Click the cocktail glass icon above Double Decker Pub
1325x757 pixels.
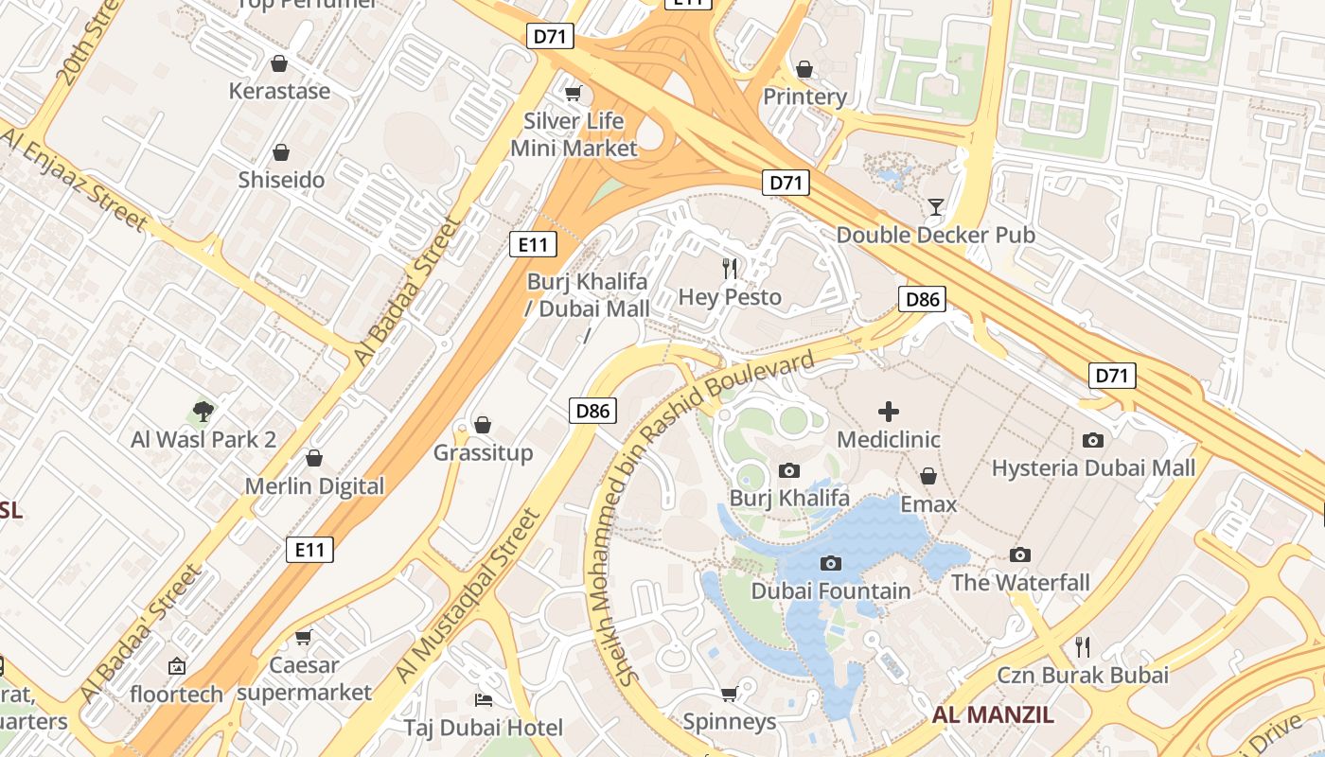click(936, 206)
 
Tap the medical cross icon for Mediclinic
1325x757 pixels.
click(889, 412)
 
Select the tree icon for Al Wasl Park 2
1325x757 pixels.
click(203, 412)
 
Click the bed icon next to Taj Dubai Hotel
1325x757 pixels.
click(484, 700)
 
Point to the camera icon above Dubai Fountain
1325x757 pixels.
click(830, 564)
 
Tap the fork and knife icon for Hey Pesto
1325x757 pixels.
click(730, 269)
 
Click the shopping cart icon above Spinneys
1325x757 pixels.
click(730, 695)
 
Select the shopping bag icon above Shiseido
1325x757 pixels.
click(281, 152)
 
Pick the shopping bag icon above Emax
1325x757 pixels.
click(928, 476)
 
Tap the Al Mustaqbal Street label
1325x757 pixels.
click(468, 598)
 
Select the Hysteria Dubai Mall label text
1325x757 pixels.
click(1093, 467)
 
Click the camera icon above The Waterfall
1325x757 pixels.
click(1020, 555)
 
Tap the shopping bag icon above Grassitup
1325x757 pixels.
click(483, 425)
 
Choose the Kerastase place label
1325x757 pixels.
click(280, 91)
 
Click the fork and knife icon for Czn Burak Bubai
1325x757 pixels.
click(1083, 647)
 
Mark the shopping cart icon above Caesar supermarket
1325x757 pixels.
click(304, 638)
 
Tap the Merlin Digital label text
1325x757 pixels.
click(315, 486)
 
